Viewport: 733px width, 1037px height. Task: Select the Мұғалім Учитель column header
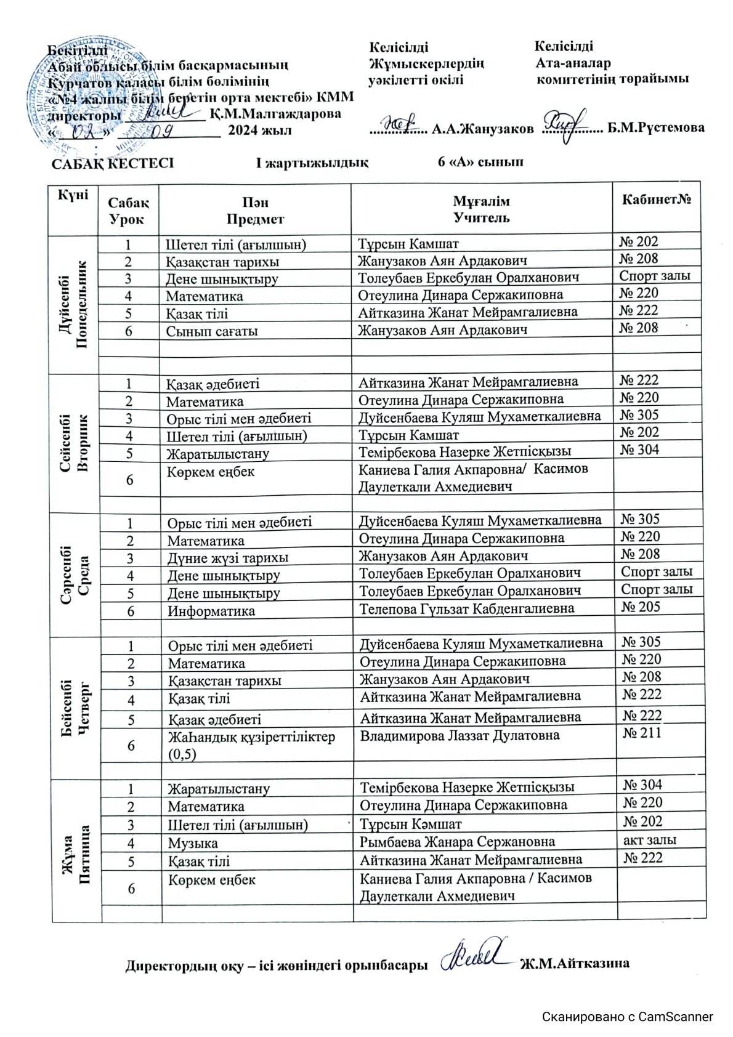481,209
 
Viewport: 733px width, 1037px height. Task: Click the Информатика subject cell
211,611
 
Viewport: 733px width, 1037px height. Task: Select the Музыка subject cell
193,843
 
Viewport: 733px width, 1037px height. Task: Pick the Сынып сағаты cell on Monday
211,331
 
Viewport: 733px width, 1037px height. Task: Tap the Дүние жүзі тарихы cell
228,559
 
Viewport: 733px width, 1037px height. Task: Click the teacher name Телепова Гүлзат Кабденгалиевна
467,609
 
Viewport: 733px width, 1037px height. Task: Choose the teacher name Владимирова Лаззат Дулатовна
460,735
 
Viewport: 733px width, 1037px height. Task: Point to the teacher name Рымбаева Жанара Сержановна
457,842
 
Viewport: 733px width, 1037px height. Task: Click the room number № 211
642,733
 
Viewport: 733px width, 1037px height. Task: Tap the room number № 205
641,607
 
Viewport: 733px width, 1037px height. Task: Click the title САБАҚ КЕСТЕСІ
112,163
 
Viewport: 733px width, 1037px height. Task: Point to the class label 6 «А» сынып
480,162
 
